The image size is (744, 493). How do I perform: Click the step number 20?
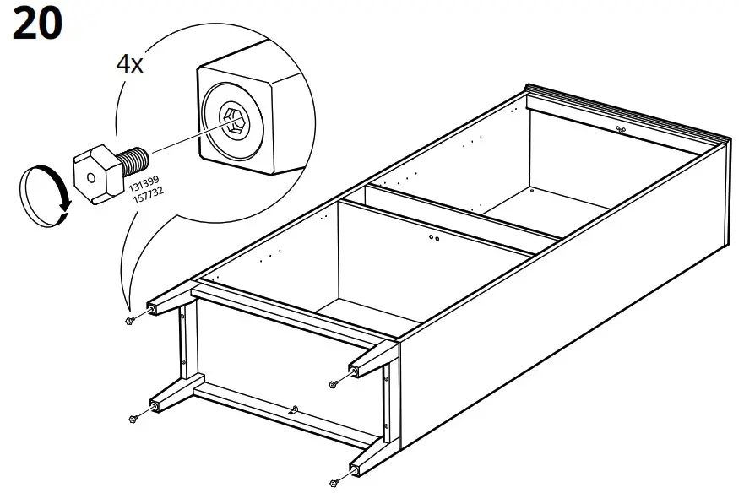(x=37, y=24)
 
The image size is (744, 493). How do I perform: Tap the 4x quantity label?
(x=128, y=65)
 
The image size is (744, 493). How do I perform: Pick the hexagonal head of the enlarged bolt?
(x=90, y=171)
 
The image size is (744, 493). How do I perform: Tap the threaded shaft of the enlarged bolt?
(x=135, y=158)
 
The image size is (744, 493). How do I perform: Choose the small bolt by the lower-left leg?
(x=133, y=418)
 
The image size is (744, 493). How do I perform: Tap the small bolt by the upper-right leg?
(x=334, y=384)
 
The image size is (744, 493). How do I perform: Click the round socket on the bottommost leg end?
(x=349, y=470)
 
